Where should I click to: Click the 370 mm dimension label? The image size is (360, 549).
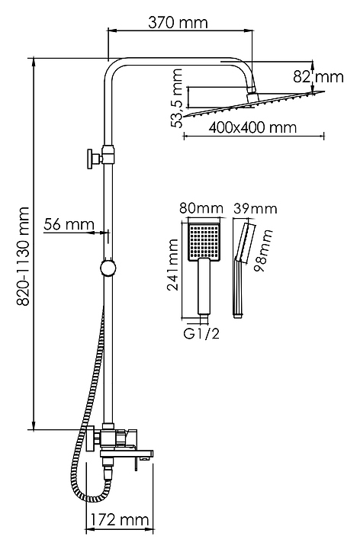178,23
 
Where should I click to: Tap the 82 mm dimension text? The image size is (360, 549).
318,77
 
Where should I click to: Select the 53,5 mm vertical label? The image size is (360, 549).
178,98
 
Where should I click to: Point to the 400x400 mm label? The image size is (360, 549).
252,127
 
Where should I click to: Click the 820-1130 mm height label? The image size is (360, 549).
23,256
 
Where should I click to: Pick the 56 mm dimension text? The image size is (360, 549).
69,223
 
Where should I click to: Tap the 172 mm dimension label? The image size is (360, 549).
120,519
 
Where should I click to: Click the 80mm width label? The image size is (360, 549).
201,208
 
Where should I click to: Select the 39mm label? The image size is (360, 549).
255,208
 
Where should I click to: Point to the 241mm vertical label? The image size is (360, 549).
173,265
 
